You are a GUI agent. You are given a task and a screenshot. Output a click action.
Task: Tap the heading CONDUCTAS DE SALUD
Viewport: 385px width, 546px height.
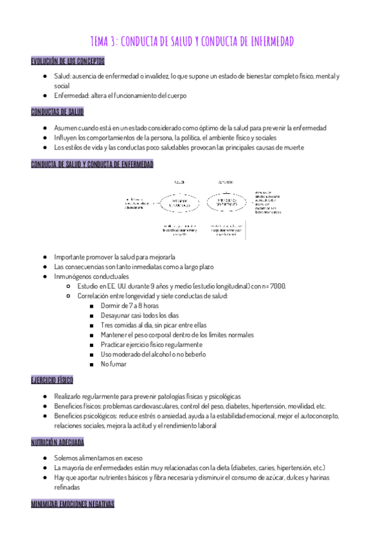coord(57,112)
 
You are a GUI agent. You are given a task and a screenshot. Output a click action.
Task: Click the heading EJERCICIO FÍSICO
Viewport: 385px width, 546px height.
coord(52,381)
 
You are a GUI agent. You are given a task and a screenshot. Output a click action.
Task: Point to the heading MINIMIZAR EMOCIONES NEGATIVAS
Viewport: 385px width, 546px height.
coord(73,504)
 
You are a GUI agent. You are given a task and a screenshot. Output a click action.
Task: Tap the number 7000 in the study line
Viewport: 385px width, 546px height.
coord(278,286)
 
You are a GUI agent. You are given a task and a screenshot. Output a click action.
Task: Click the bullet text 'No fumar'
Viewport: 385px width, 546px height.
coord(112,364)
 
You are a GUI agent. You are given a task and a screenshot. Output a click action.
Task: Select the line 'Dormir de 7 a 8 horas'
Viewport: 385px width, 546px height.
coord(129,306)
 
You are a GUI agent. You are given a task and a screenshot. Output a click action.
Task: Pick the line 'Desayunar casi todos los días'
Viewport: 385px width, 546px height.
coord(139,315)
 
